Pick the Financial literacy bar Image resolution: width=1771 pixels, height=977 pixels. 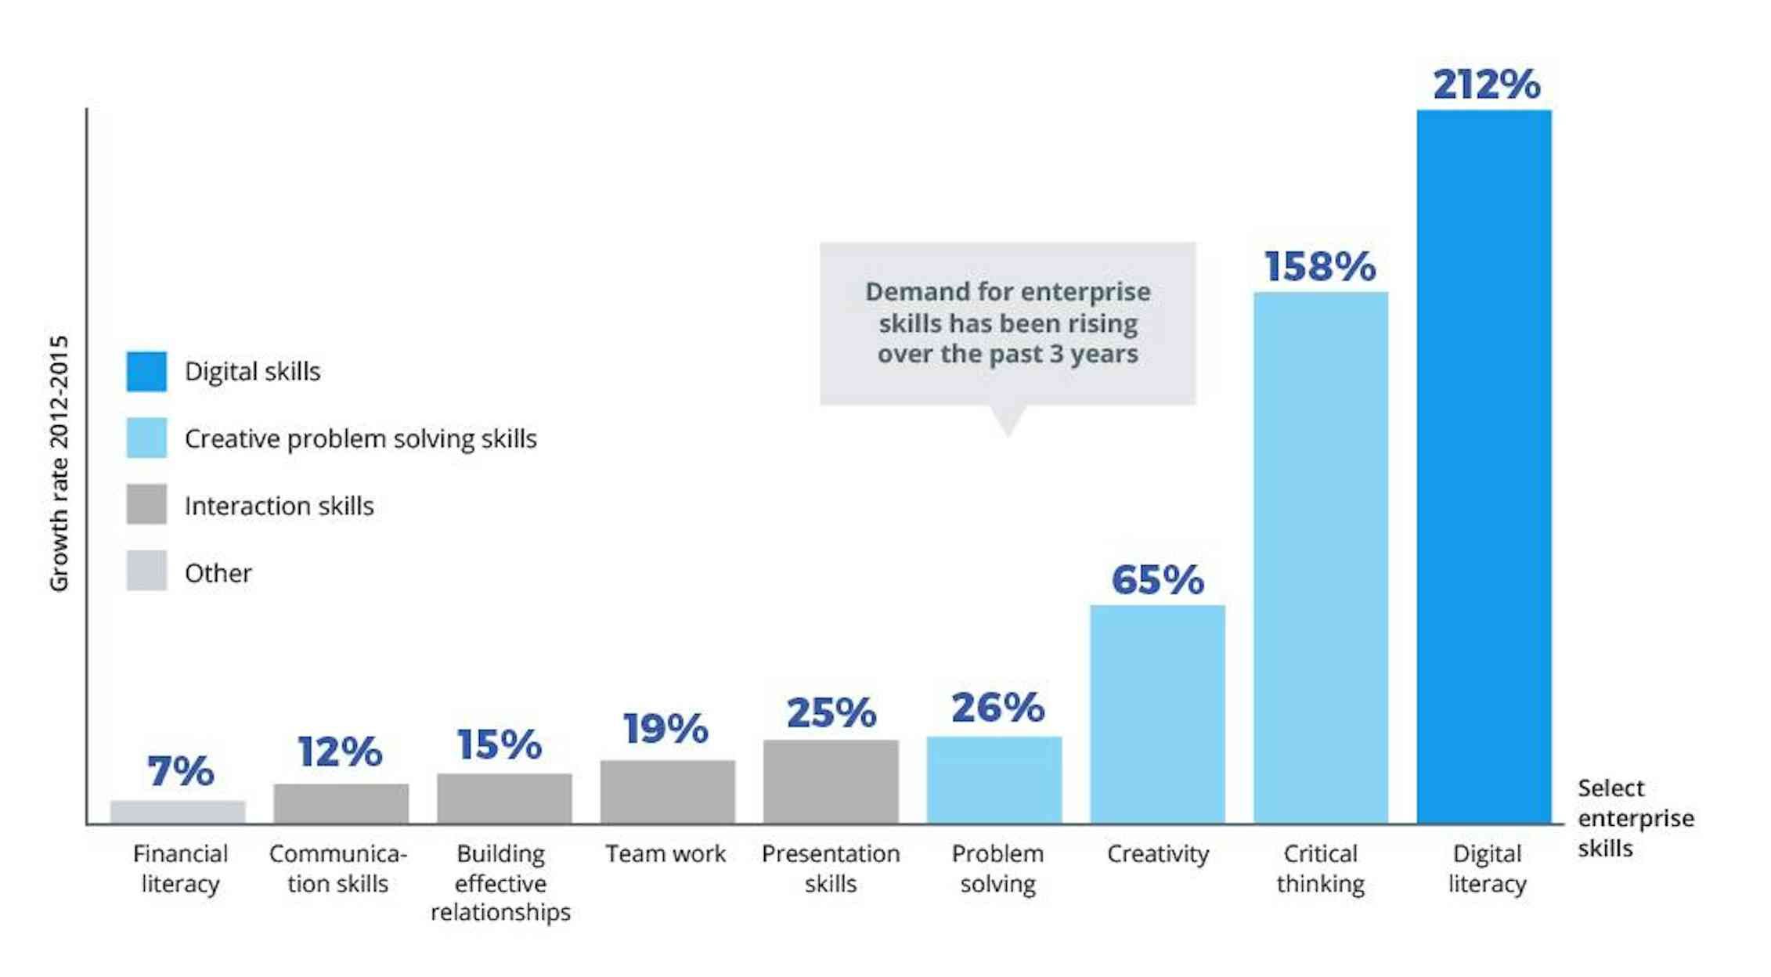coord(178,812)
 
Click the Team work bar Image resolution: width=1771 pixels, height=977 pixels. coord(667,791)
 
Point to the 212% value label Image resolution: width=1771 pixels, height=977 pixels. coord(1486,85)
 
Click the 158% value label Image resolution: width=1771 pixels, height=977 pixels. coord(1320,267)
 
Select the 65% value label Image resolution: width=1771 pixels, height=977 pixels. coord(1157,580)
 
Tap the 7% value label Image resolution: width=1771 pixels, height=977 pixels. coord(180,771)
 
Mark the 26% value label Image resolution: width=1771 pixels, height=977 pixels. coord(997,708)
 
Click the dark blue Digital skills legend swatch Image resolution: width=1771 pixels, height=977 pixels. coord(146,371)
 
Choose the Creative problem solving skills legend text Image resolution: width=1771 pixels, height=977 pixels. coord(360,438)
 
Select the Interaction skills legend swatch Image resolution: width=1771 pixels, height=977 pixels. coord(146,504)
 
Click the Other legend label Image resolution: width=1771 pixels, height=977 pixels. coord(218,573)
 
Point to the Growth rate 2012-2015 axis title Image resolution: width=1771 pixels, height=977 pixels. coord(60,463)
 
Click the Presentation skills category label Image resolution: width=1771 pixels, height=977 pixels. coord(830,868)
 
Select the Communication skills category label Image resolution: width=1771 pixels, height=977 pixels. coord(337,868)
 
